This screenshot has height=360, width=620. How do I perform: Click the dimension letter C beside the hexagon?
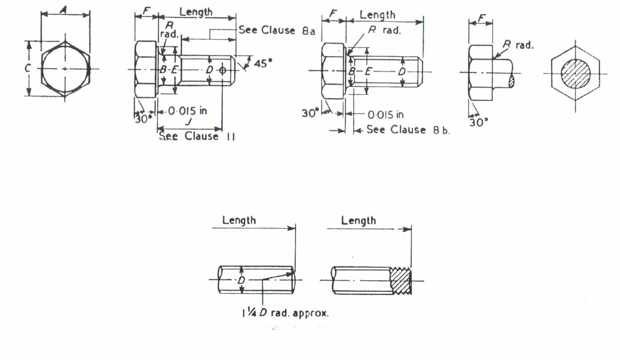coord(28,69)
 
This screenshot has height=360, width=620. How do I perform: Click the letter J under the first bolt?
coord(189,121)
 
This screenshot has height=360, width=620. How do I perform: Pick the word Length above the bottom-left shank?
coord(239,220)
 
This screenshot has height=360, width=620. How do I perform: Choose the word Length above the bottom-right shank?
coord(358,220)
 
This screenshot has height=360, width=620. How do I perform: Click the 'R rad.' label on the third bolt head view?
coord(518,45)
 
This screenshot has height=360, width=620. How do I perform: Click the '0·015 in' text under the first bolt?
coord(187,111)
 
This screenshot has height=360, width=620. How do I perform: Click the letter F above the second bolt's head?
coord(333,14)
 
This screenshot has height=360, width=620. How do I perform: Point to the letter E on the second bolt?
coord(368,71)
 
